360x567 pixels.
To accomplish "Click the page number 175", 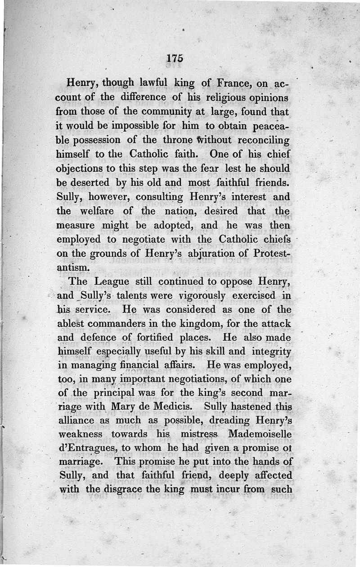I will pyautogui.click(x=173, y=59).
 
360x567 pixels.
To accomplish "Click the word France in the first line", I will pyautogui.click(x=235, y=83).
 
